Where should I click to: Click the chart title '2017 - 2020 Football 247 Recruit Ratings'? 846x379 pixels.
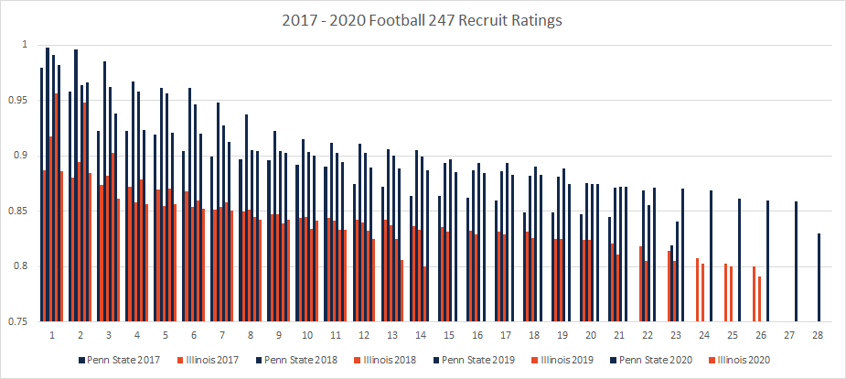423,17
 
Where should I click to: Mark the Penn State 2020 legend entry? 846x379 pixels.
660,360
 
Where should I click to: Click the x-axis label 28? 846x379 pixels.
817,335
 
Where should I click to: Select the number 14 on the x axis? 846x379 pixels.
420,335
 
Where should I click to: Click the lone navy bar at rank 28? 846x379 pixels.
819,277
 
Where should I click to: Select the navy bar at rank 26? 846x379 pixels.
767,261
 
